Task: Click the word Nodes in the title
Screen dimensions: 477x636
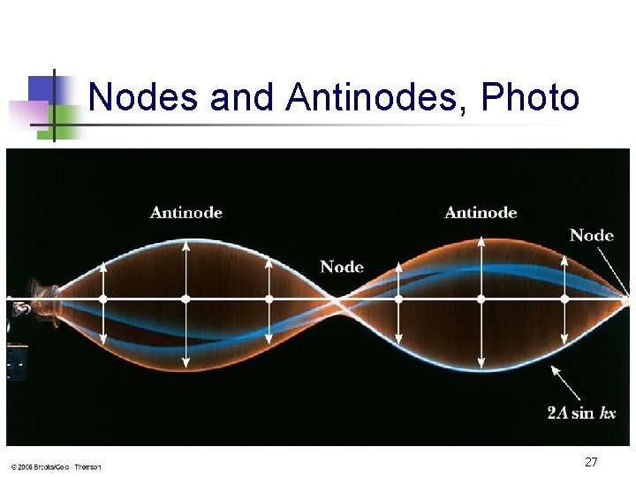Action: point(143,97)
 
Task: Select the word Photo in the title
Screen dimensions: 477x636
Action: point(530,97)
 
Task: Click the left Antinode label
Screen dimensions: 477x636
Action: point(185,212)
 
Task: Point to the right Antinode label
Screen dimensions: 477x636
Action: point(481,212)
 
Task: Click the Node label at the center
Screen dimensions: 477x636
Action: point(342,267)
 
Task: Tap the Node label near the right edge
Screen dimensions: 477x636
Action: point(591,235)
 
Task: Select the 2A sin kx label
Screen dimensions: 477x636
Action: point(580,413)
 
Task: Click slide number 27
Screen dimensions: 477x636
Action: point(591,462)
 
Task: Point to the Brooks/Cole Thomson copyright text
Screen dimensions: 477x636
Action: point(56,466)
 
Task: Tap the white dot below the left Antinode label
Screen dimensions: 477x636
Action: point(185,299)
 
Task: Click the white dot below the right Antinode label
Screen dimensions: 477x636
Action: point(481,299)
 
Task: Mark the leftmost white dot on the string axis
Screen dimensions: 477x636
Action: point(103,299)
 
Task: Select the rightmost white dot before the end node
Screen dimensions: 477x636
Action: point(564,299)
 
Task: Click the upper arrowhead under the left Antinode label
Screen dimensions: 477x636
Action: point(185,245)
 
